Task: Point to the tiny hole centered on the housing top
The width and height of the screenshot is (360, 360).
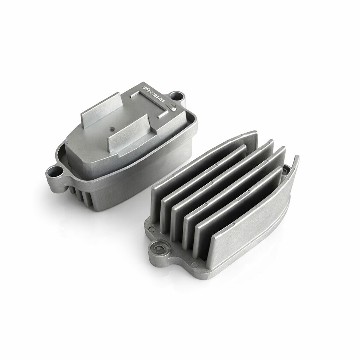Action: (x=111, y=128)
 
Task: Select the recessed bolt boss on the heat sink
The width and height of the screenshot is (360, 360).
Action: (x=159, y=249)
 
